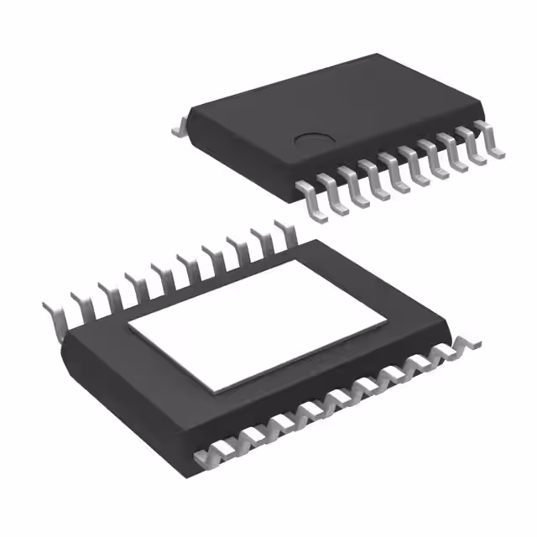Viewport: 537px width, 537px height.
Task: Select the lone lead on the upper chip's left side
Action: (179, 129)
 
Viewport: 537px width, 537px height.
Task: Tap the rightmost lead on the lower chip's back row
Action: (282, 236)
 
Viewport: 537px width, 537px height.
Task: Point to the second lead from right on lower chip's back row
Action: (258, 244)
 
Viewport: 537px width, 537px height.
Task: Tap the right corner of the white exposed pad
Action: (388, 318)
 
